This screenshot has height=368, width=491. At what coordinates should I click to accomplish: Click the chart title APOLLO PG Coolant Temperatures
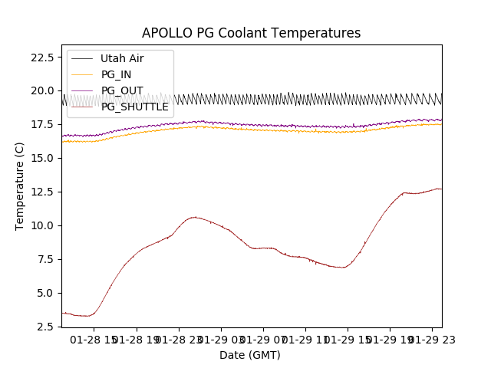click(x=251, y=33)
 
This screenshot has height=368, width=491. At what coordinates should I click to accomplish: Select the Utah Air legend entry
click(x=122, y=58)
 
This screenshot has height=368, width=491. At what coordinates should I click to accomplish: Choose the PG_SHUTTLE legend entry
click(x=134, y=107)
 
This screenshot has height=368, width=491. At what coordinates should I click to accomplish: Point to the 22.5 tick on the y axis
click(x=41, y=57)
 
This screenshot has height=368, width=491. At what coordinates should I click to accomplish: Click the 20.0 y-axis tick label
click(x=41, y=90)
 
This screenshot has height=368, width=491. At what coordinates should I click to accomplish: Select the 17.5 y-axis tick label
click(x=41, y=124)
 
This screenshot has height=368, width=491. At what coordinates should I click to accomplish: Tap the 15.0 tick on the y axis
click(x=41, y=158)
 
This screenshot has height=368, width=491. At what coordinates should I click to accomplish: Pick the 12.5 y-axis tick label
click(x=41, y=192)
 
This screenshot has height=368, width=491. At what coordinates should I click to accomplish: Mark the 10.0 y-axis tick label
click(x=41, y=225)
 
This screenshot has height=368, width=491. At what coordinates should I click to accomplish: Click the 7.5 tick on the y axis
click(x=44, y=259)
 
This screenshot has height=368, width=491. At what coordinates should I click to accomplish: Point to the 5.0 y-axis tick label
click(x=44, y=293)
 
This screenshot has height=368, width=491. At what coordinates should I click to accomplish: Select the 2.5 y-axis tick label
click(x=44, y=327)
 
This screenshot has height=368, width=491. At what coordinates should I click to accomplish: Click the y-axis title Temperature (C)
click(x=20, y=186)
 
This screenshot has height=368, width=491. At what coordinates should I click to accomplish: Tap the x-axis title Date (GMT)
click(x=250, y=355)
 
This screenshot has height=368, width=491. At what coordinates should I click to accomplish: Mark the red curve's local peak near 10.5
click(x=195, y=217)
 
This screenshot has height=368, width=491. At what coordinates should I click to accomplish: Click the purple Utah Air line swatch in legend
click(x=82, y=58)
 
